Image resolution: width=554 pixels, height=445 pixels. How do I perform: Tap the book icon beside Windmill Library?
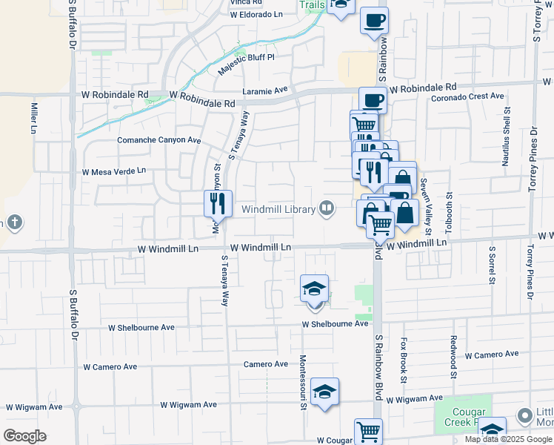(x=326, y=208)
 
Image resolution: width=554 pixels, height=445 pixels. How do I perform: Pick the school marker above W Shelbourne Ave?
(x=314, y=288)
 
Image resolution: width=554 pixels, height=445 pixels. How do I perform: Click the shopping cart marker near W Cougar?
(x=368, y=431)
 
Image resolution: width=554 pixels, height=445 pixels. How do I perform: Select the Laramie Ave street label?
(x=265, y=90)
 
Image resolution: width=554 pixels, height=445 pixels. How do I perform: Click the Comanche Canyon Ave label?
(x=158, y=139)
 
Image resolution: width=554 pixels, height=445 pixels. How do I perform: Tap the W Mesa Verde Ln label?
(x=113, y=171)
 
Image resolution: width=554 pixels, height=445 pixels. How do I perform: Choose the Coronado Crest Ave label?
(x=467, y=96)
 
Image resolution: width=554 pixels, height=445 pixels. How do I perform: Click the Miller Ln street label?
(x=34, y=118)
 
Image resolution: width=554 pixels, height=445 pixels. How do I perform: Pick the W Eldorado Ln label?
(x=256, y=14)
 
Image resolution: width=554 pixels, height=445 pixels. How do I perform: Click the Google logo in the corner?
(x=25, y=435)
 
